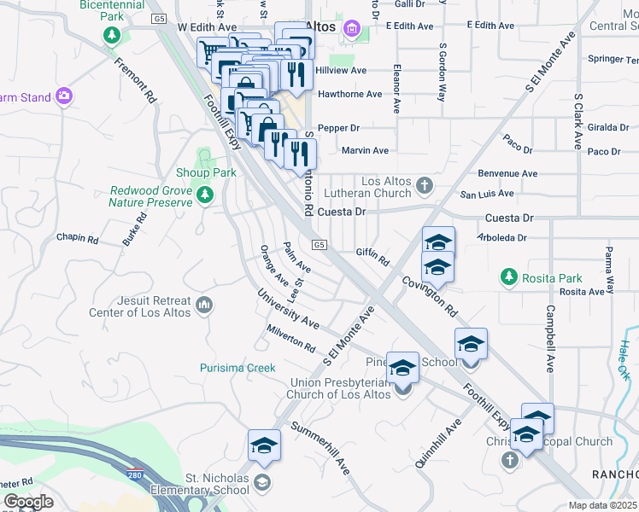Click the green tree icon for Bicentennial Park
[111, 35]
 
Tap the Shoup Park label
[206, 172]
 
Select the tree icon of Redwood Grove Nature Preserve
[204, 196]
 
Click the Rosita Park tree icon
[509, 277]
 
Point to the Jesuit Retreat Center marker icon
[203, 305]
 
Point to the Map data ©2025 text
[601, 505]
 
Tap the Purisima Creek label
[237, 368]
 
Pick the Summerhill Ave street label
[321, 448]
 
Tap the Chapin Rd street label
[78, 237]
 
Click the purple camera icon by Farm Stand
[62, 96]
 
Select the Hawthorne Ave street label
[349, 94]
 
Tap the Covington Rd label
[431, 296]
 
